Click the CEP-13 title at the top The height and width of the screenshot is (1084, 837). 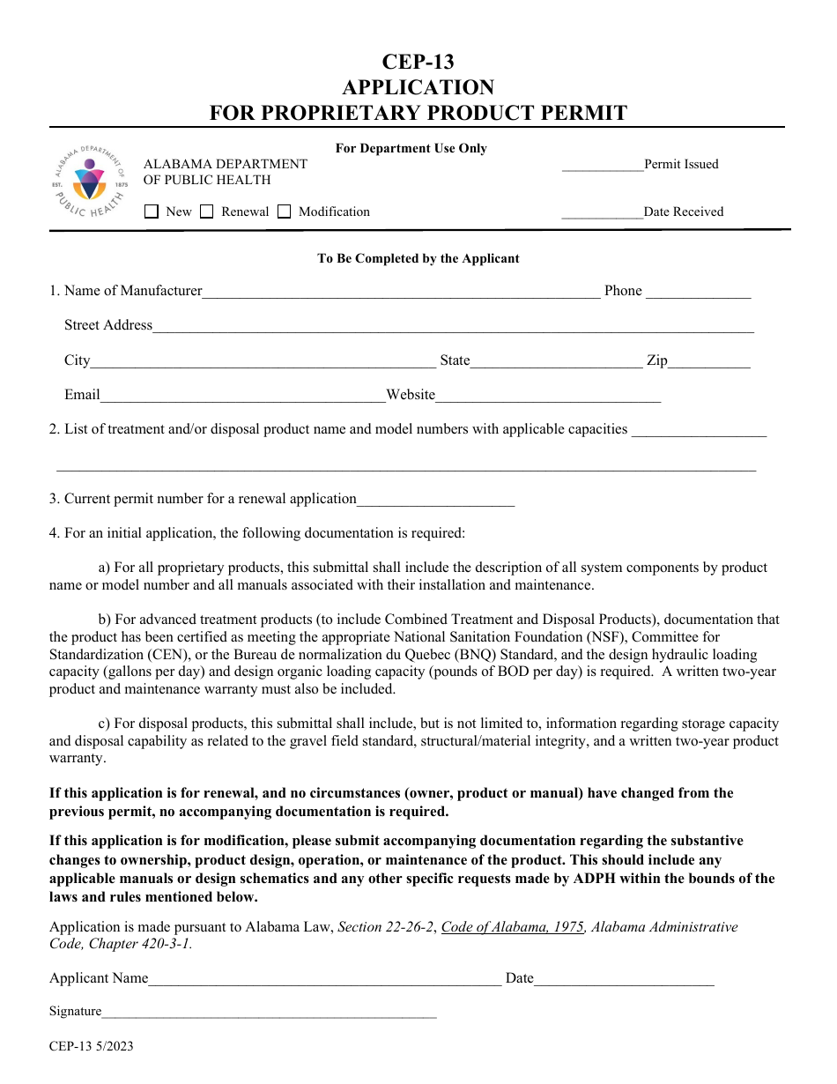(418, 62)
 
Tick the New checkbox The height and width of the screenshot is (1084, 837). (152, 212)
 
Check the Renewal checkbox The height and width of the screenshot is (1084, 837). (207, 212)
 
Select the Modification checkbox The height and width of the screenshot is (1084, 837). (284, 212)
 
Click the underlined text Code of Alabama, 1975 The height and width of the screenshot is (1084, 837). (513, 927)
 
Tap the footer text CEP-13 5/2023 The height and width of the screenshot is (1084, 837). (92, 1047)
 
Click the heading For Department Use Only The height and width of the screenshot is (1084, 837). (411, 148)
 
